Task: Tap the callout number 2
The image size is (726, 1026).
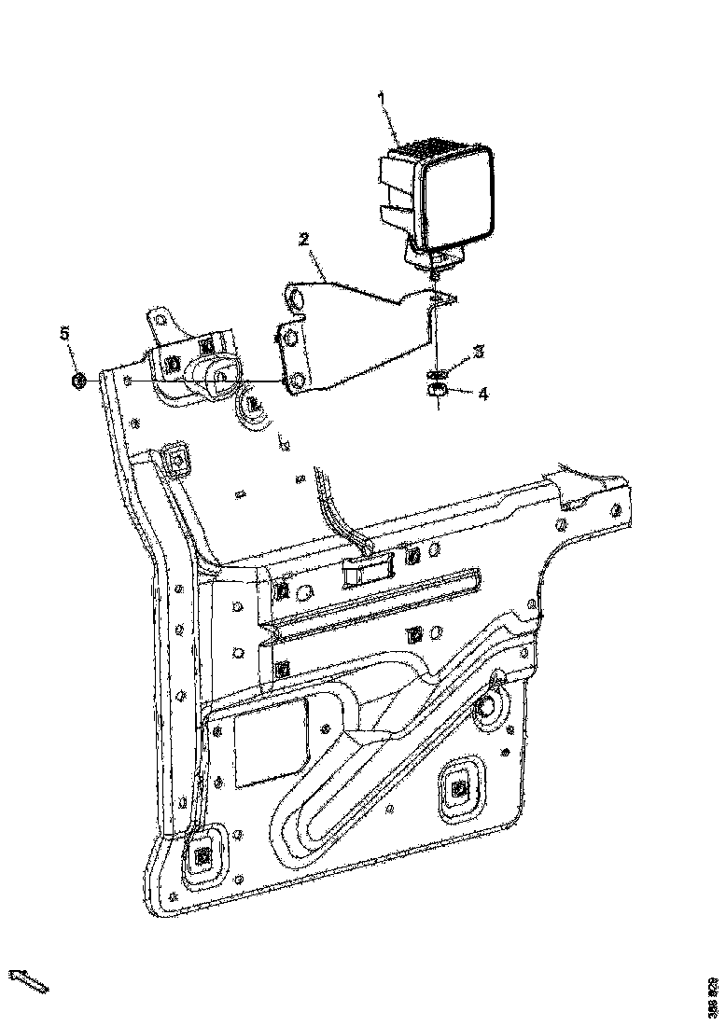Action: (x=303, y=239)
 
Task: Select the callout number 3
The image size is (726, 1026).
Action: (x=478, y=352)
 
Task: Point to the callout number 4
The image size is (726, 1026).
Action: (x=482, y=394)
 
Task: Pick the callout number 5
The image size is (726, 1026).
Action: (x=65, y=333)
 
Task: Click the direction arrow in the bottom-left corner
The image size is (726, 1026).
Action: (x=29, y=980)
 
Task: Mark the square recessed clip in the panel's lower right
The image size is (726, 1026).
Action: (x=458, y=790)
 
